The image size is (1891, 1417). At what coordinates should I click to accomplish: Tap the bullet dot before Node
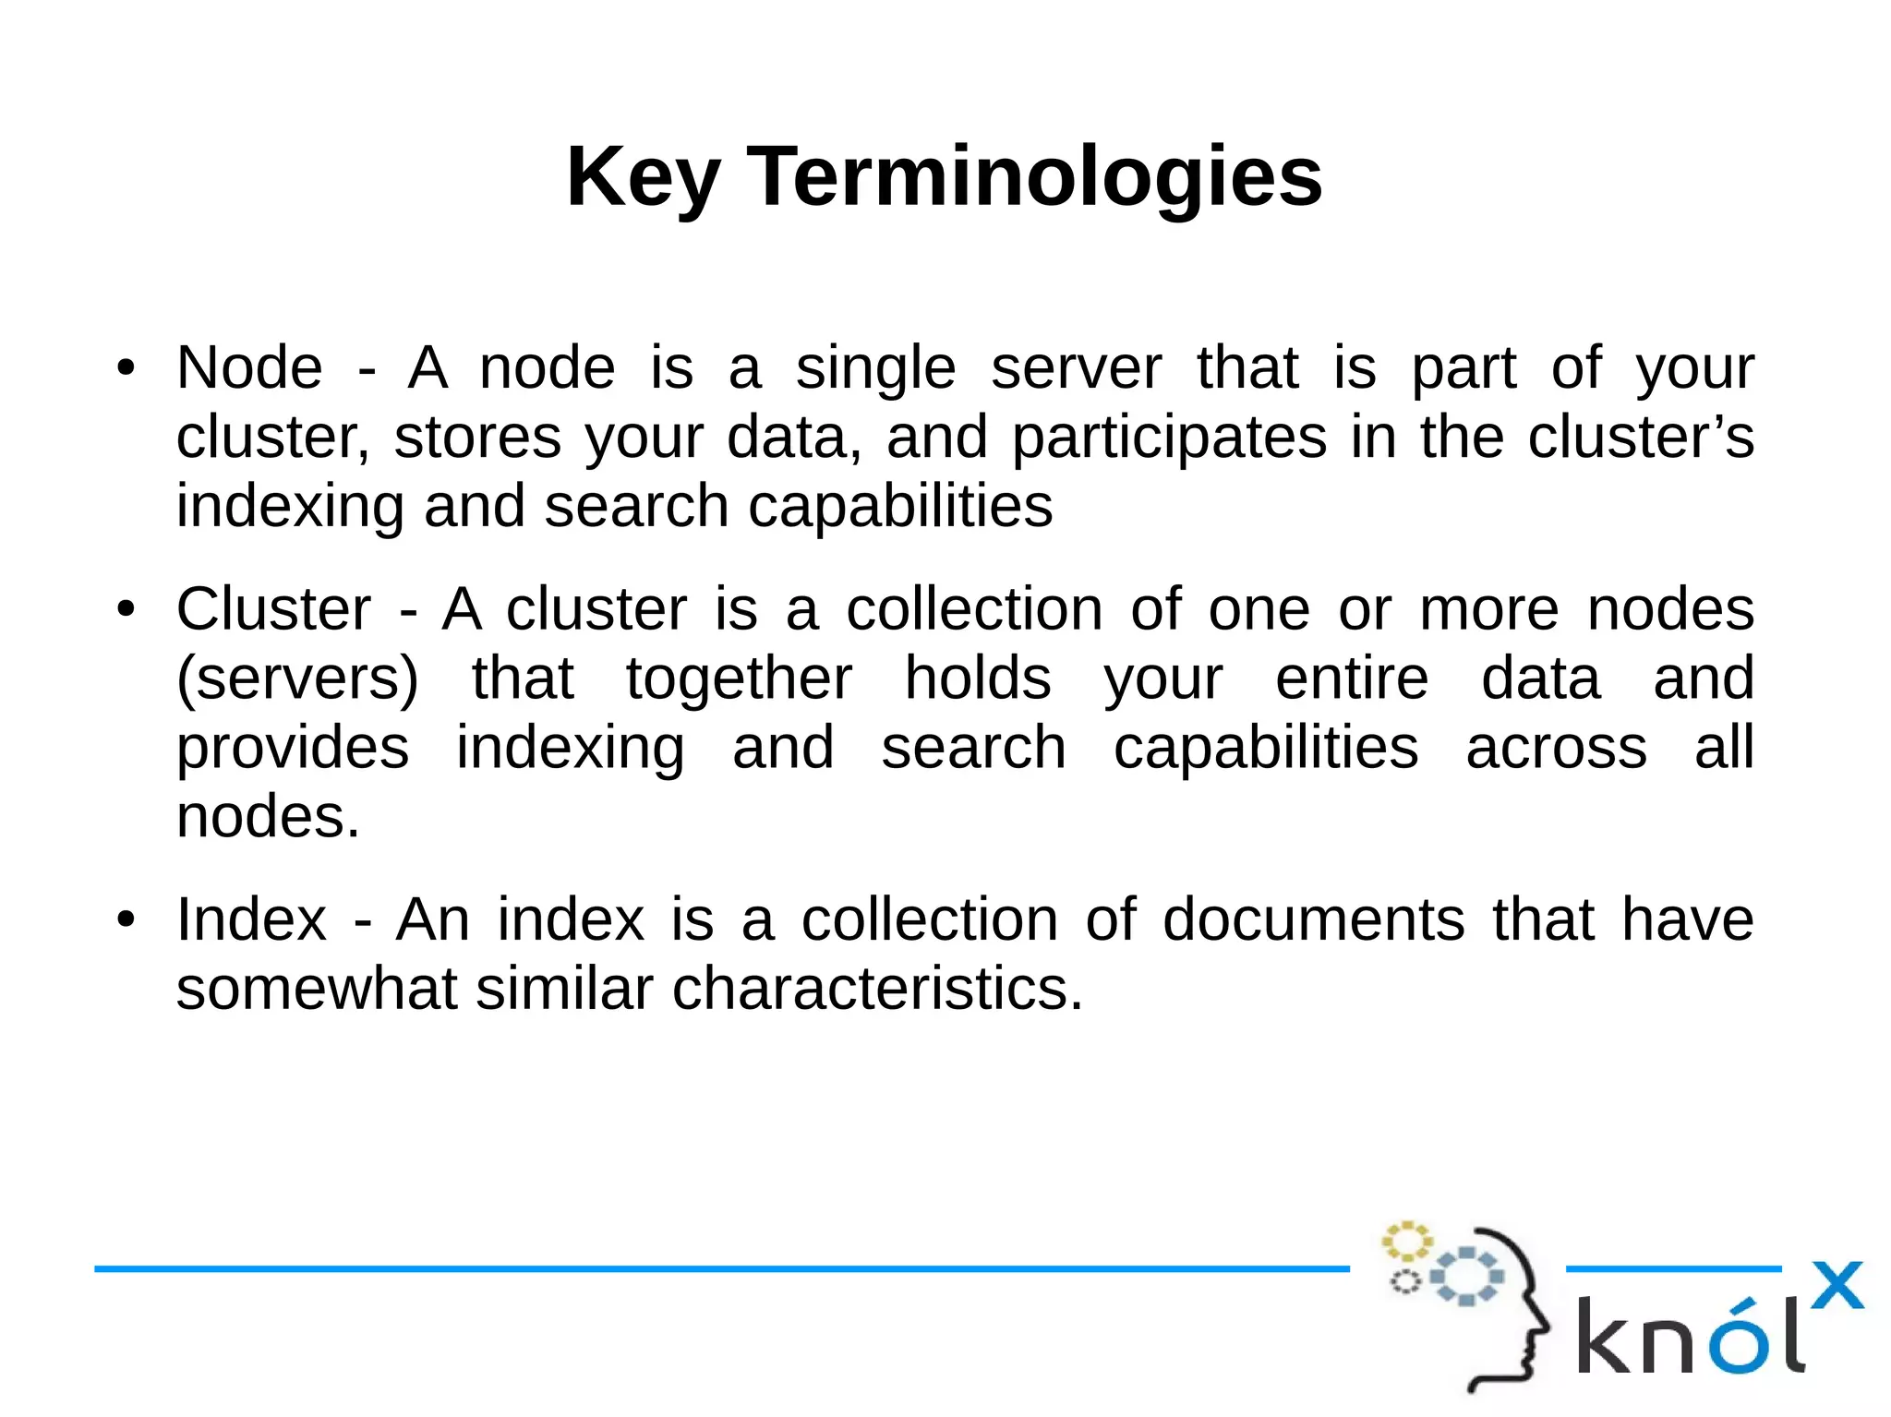point(126,368)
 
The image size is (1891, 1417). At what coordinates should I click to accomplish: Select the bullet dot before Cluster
point(126,610)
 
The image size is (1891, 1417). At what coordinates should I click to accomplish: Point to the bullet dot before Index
point(126,920)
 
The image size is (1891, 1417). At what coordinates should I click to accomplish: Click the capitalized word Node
point(249,368)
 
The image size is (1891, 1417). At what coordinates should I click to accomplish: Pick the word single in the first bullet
point(875,368)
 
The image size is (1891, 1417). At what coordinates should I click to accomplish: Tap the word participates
point(1169,438)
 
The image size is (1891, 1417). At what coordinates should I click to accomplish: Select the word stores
point(477,438)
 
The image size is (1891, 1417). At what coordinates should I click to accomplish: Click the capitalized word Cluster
point(273,610)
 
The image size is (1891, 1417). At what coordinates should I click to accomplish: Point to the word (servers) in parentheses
point(297,679)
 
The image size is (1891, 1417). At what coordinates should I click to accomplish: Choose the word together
point(739,679)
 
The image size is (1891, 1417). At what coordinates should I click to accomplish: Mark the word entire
point(1352,679)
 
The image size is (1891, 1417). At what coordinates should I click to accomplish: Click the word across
point(1556,748)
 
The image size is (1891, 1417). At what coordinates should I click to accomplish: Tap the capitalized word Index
point(251,920)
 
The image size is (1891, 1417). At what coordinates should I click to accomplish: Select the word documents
point(1313,920)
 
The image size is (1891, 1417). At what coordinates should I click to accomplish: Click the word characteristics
point(877,990)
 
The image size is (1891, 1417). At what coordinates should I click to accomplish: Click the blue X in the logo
point(1837,1285)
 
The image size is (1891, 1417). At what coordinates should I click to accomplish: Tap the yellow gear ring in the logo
point(1406,1242)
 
